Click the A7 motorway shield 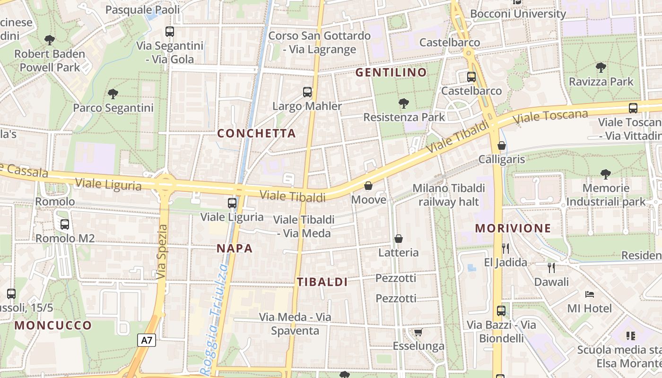(147, 340)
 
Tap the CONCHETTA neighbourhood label (256, 133)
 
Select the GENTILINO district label (391, 72)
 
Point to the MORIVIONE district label (513, 228)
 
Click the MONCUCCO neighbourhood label (53, 325)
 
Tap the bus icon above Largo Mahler (307, 92)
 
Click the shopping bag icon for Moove (368, 186)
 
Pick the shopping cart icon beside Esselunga (418, 333)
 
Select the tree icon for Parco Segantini (113, 94)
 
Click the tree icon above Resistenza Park (403, 103)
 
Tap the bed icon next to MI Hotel (589, 294)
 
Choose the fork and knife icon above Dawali (551, 268)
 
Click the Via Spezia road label (162, 251)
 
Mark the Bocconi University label (518, 13)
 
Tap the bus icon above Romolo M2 (65, 224)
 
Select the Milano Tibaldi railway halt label (449, 195)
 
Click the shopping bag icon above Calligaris (502, 146)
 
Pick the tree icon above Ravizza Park (601, 67)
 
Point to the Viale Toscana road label (551, 117)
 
